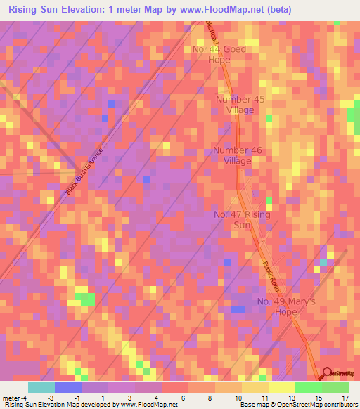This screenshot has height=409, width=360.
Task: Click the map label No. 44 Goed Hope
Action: tap(219, 55)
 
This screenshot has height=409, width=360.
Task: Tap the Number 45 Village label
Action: tap(240, 105)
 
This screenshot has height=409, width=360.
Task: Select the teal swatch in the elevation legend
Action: tap(41, 387)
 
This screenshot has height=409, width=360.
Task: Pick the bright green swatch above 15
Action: tap(308, 387)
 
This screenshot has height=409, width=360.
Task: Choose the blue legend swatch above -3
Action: tap(68, 387)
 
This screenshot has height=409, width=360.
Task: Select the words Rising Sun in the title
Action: tap(34, 10)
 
